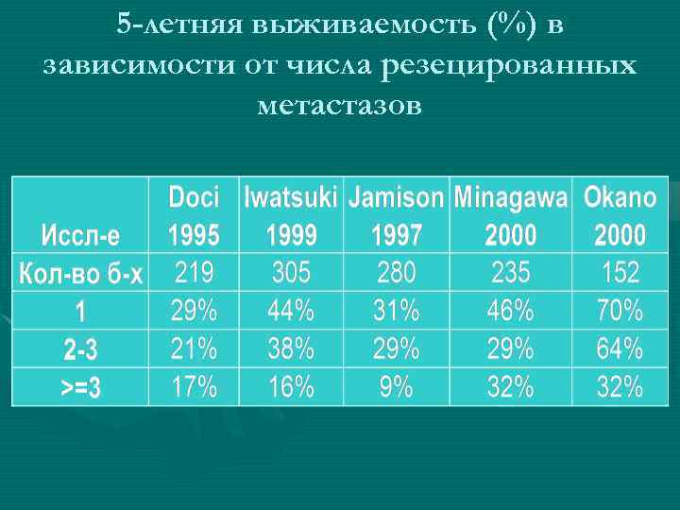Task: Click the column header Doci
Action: (x=194, y=197)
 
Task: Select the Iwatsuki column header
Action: (x=291, y=197)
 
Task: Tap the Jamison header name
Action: (x=396, y=197)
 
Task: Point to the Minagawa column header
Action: (x=511, y=197)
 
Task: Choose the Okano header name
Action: (x=620, y=197)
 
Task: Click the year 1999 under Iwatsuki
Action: (x=291, y=234)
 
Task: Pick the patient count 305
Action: (x=291, y=273)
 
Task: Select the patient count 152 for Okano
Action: (x=620, y=273)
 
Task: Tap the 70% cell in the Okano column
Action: (x=620, y=310)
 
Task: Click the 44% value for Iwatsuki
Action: (x=291, y=310)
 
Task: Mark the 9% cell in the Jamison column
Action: (x=396, y=386)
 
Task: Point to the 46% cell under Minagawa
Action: (x=511, y=310)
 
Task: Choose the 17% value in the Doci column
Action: (x=194, y=386)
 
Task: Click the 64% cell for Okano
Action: (x=620, y=348)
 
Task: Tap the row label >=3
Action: (x=80, y=387)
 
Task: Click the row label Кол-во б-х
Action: (x=81, y=274)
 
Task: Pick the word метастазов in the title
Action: (x=339, y=105)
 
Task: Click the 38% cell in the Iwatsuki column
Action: (x=291, y=348)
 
